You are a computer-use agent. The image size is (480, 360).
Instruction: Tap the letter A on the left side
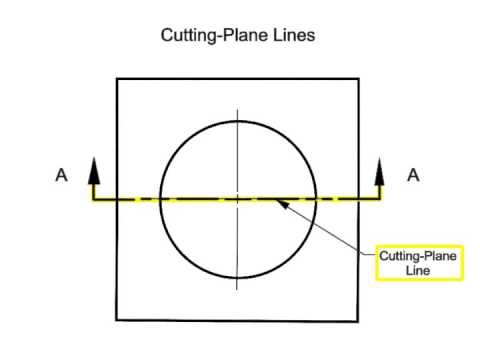[x=61, y=175]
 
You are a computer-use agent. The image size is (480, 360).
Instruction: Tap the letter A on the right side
[x=412, y=175]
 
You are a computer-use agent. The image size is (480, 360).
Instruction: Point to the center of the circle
[x=237, y=199]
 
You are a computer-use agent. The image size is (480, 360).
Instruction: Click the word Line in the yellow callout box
[x=418, y=270]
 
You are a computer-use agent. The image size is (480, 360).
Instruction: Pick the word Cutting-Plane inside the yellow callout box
[x=418, y=256]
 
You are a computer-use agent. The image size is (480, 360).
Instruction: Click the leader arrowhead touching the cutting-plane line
[x=284, y=204]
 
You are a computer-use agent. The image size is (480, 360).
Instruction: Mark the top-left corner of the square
[x=117, y=78]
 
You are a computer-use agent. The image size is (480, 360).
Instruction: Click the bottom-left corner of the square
[x=117, y=321]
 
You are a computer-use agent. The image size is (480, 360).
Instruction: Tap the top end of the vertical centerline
[x=237, y=108]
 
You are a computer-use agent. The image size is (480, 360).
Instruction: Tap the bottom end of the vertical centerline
[x=237, y=290]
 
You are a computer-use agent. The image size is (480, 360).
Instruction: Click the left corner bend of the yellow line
[x=94, y=199]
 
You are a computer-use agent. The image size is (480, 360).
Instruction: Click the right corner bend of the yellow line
[x=380, y=199]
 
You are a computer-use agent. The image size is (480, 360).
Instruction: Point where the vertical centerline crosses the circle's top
[x=237, y=121]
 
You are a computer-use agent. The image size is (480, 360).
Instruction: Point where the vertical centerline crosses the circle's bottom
[x=237, y=278]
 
